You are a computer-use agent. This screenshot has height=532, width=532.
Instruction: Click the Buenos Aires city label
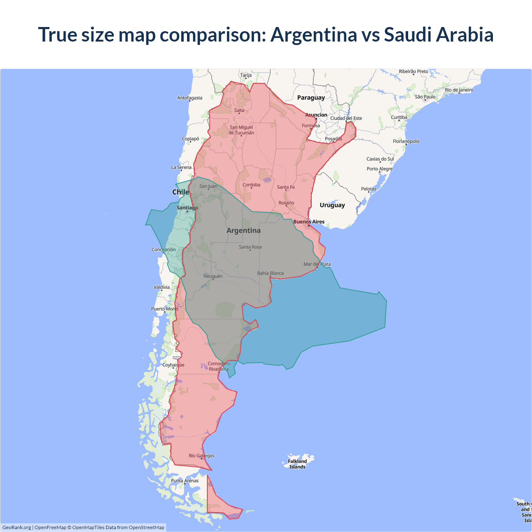309,222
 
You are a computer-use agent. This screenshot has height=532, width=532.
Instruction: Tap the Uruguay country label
332,205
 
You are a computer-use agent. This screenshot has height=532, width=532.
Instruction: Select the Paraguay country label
311,98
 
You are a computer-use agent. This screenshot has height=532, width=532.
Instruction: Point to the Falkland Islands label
297,464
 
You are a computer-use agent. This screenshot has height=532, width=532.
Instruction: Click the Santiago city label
187,208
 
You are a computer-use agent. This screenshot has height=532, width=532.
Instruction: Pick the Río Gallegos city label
202,456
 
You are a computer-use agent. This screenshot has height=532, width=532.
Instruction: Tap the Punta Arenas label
185,481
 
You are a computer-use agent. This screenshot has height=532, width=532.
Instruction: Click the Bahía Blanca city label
270,273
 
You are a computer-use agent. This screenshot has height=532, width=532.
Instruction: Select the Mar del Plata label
317,264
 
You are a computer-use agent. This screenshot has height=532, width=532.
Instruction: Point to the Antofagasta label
190,98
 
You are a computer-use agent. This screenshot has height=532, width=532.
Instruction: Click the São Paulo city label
425,97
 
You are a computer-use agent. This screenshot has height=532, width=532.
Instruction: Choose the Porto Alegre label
379,169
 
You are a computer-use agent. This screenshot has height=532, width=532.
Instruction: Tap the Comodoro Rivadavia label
219,367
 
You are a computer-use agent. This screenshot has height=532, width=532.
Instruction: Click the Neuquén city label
213,276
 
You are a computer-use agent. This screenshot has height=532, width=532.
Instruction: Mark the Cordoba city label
251,185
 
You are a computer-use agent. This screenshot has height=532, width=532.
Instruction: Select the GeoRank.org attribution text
17,527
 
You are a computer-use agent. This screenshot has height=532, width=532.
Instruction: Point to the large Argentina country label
244,231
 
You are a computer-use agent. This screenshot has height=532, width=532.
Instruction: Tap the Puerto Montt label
165,309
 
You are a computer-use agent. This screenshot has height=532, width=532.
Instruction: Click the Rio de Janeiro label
459,90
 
